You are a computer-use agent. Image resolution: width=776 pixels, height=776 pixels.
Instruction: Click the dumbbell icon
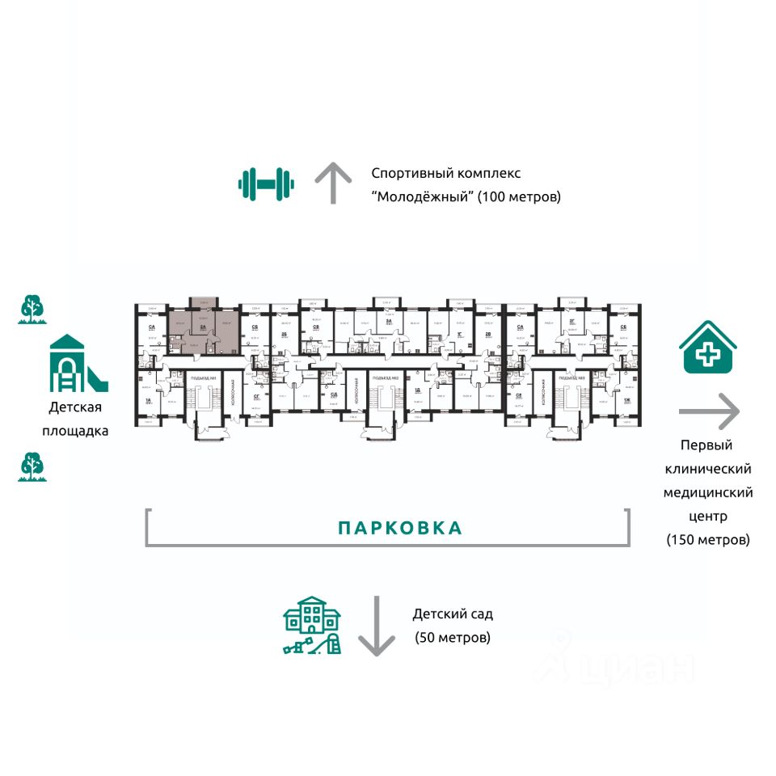pos(266,183)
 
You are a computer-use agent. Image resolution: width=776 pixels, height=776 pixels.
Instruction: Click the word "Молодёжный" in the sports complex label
pos(422,196)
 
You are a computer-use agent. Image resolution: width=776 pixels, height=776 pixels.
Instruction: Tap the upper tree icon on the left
pos(32,310)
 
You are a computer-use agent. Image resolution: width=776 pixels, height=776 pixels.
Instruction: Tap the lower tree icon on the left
pos(32,466)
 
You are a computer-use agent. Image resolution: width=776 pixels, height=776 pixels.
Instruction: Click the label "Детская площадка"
pos(75,419)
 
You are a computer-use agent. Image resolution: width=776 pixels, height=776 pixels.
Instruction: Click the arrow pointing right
pos(709,411)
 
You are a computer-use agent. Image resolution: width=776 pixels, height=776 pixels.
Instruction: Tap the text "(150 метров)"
pos(708,539)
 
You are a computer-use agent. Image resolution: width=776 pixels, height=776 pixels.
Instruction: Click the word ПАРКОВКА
pos(400,529)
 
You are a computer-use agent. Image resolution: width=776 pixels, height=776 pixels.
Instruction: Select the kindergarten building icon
pos(312,626)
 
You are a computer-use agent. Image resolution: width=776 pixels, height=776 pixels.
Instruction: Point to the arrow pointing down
pos(376,626)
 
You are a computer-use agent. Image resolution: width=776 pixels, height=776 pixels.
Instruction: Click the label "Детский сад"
pos(453,614)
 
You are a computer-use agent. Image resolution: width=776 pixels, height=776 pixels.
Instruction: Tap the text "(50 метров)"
pos(453,637)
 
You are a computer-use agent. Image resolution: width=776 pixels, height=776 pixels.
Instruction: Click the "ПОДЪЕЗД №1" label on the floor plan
pos(200,377)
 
